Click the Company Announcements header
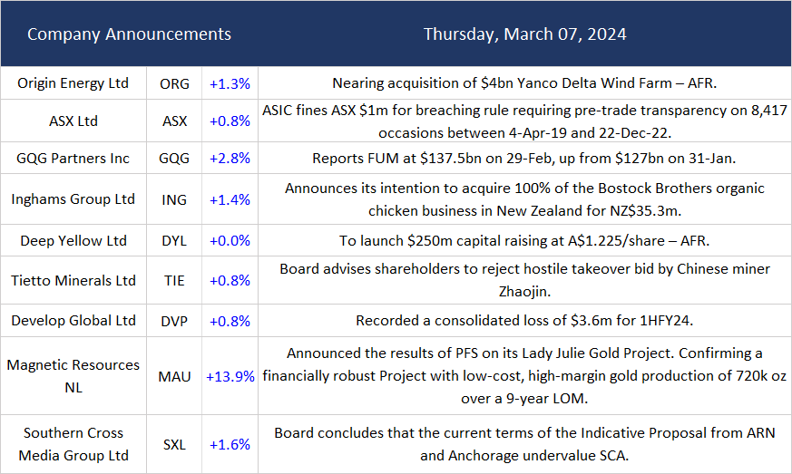129,34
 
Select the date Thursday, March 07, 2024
524,34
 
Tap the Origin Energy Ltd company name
73,83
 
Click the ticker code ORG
174,83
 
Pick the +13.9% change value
230,376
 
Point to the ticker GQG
174,158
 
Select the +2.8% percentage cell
230,158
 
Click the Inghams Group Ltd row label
73,199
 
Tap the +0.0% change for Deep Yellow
230,241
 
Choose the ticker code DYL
174,241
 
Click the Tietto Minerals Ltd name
73,281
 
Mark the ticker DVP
174,320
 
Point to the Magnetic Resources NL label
73,376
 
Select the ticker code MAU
174,376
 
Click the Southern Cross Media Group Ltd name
73,444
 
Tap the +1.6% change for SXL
230,444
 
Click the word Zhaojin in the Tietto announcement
524,292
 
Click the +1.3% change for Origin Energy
230,83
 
